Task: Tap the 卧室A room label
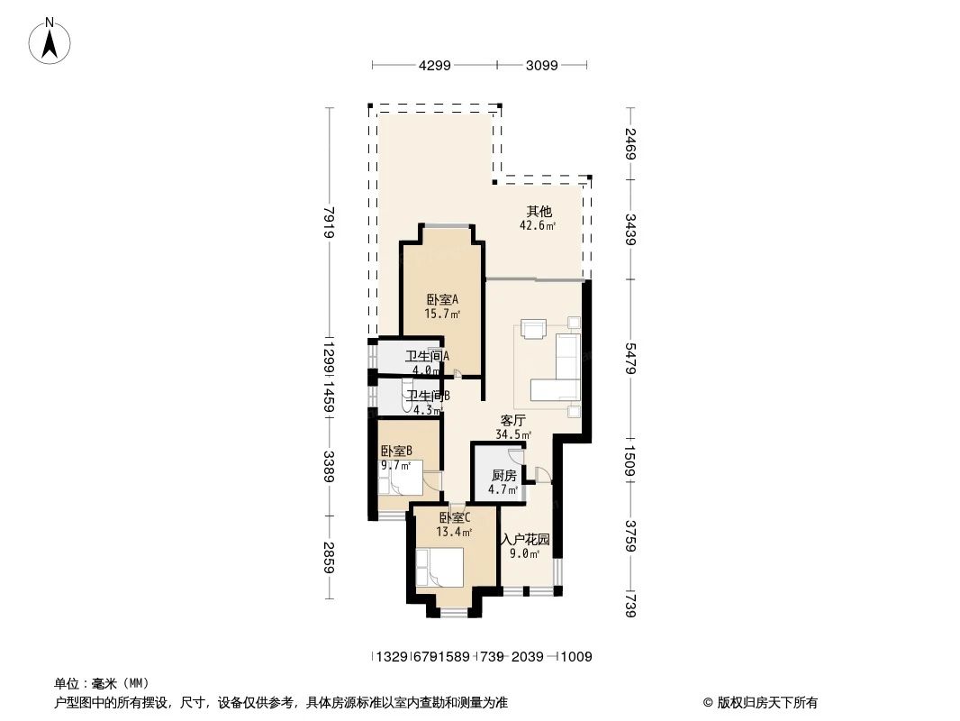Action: [442, 299]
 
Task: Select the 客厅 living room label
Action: [513, 420]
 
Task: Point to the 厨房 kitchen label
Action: [503, 476]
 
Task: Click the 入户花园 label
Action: [525, 539]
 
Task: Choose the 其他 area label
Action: [539, 212]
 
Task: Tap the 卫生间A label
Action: [427, 356]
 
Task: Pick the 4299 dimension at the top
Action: [434, 65]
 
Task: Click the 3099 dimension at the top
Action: [542, 65]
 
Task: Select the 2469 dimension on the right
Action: [629, 144]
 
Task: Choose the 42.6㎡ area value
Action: [538, 226]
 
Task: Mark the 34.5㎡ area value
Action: [513, 434]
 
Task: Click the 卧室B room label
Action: [396, 451]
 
